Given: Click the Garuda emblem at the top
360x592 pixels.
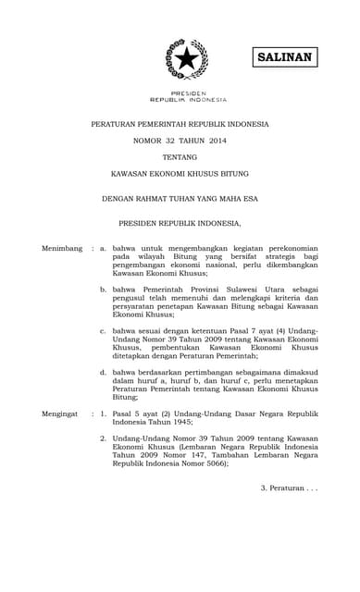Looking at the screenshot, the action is [x=186, y=59].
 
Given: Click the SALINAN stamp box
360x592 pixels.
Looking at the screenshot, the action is [x=284, y=57].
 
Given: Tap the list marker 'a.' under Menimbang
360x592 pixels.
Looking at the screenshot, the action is [x=104, y=249].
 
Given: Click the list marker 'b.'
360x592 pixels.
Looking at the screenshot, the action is [x=104, y=290].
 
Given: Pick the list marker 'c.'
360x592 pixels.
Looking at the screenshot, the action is [x=104, y=330].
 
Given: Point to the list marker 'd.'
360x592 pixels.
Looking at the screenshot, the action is [x=104, y=371].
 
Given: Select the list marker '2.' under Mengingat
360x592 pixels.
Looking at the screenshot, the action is [x=104, y=443].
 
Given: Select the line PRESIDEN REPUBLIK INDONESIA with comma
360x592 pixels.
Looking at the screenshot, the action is [x=180, y=223].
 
